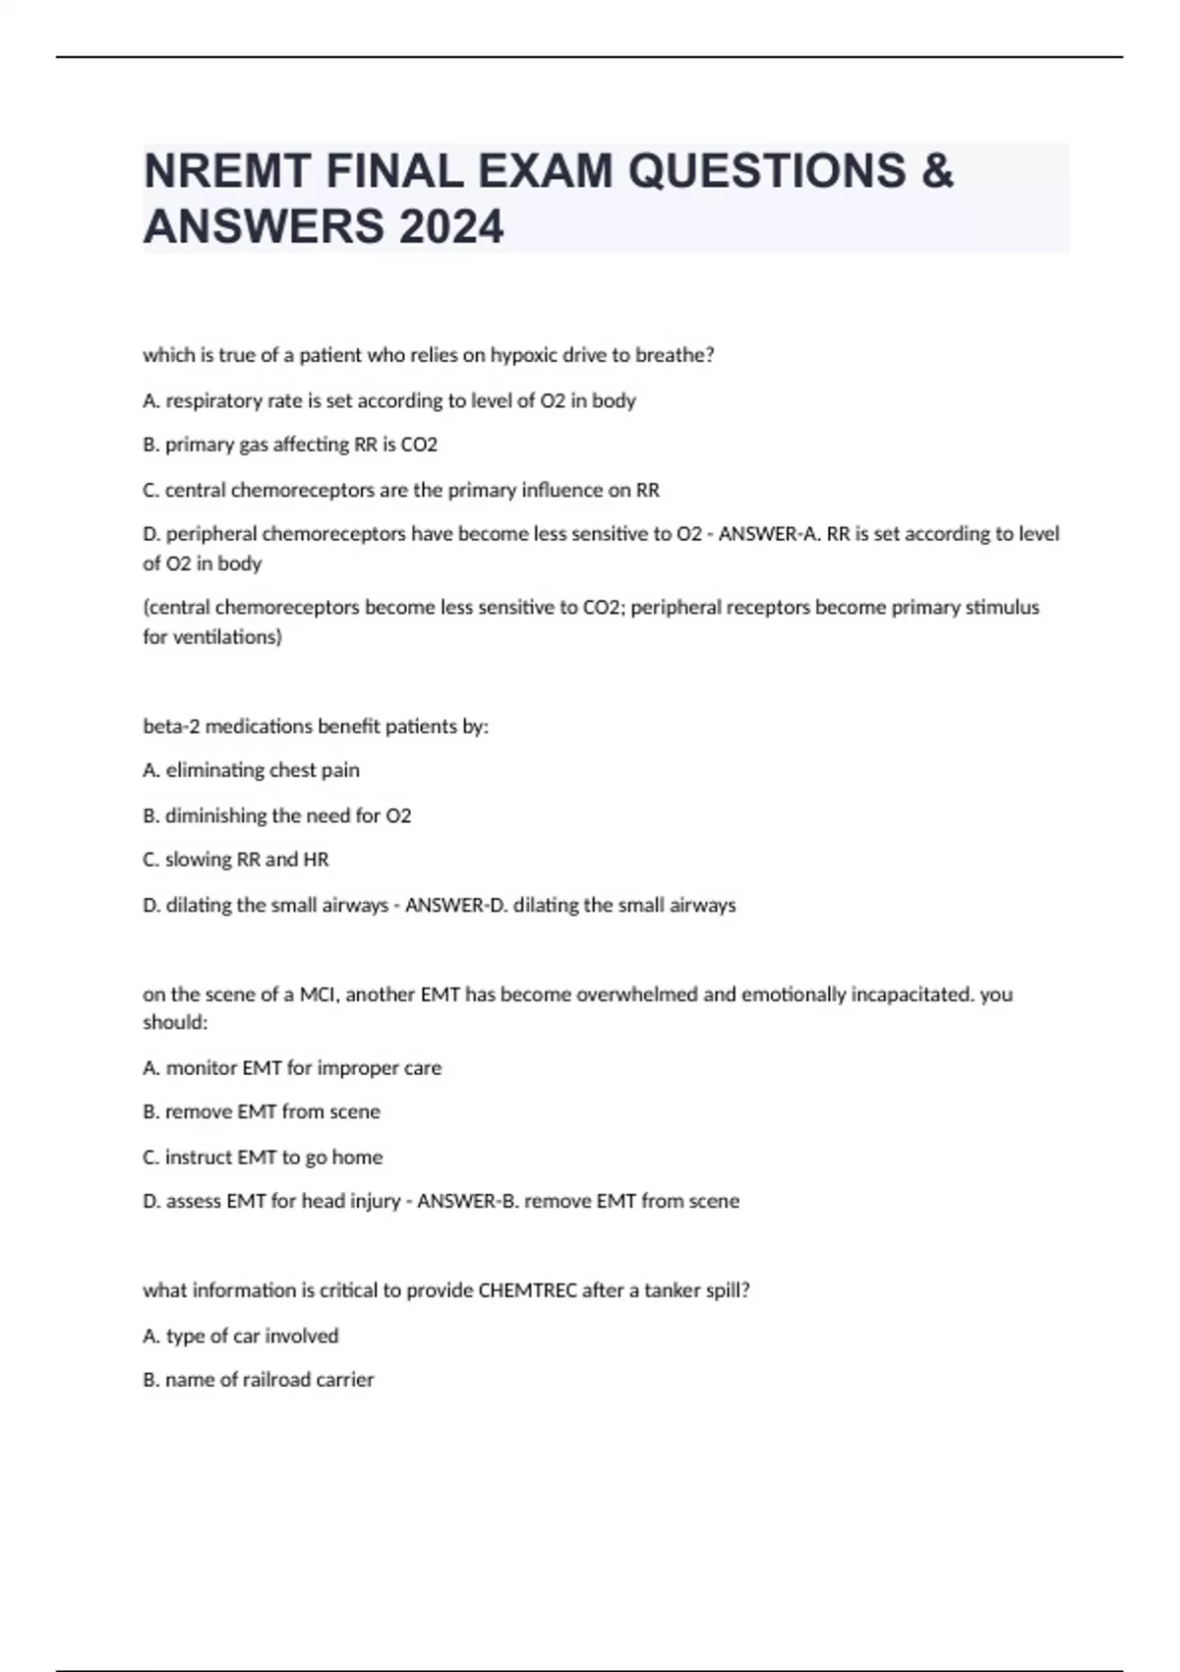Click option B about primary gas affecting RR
click(x=290, y=445)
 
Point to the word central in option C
click(x=195, y=490)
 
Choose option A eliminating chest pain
click(x=251, y=770)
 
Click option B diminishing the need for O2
click(x=276, y=815)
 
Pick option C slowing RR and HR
click(x=236, y=860)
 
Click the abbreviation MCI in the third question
click(x=317, y=994)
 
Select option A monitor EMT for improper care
click(x=292, y=1068)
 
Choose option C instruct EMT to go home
click(x=263, y=1158)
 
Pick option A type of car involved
click(x=241, y=1336)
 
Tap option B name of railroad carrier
click(x=259, y=1380)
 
